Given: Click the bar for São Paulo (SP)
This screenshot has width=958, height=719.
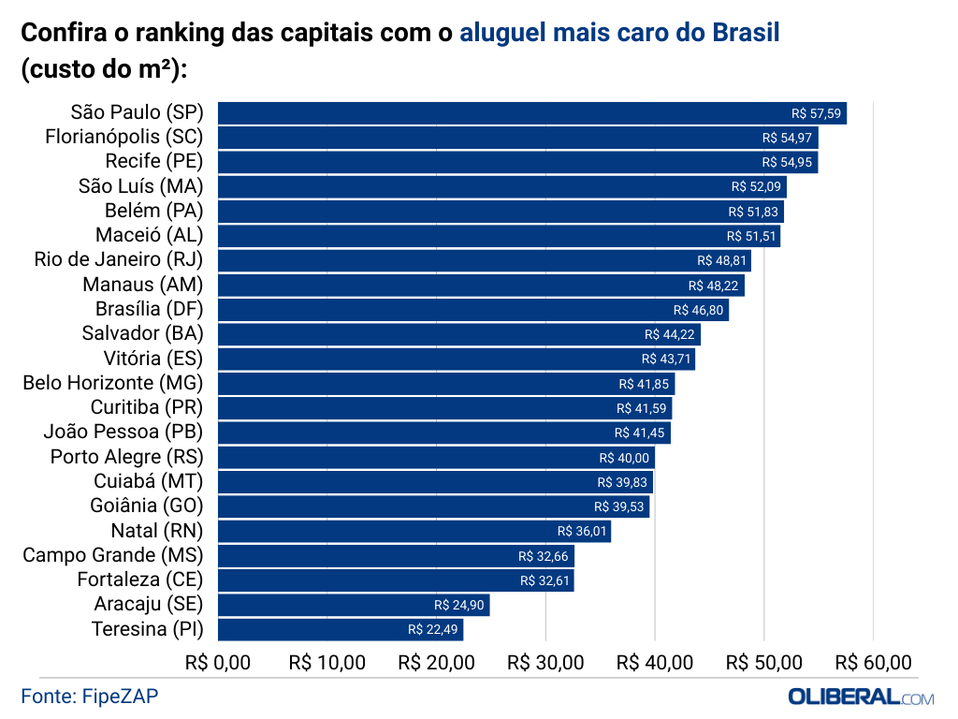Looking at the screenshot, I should tap(531, 113).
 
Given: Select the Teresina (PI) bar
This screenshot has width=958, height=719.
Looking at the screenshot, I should tap(340, 629).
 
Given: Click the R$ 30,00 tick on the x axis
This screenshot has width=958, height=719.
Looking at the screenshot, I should tap(545, 663).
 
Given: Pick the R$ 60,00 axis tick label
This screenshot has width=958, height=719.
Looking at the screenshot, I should tap(873, 663).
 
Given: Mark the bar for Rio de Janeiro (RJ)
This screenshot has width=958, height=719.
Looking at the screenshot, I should tap(484, 260).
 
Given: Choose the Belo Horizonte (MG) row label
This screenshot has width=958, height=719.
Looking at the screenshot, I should tap(113, 383).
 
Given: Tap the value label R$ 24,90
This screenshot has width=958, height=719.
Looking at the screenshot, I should tap(459, 605).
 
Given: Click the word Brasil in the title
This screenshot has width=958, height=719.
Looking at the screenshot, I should tap(746, 35).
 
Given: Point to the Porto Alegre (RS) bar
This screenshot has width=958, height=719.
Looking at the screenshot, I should tap(436, 457).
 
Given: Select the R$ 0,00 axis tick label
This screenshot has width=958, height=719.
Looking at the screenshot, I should tap(218, 663).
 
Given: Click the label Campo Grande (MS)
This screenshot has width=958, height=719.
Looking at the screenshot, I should tap(113, 555).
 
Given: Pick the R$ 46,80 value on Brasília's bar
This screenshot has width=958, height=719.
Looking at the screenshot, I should tap(698, 310).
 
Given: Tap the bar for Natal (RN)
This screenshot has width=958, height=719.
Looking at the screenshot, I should tap(414, 531).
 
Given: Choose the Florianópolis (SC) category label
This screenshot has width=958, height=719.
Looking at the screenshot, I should tap(124, 138).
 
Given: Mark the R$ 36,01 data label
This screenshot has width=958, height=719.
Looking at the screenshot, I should tap(582, 531).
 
